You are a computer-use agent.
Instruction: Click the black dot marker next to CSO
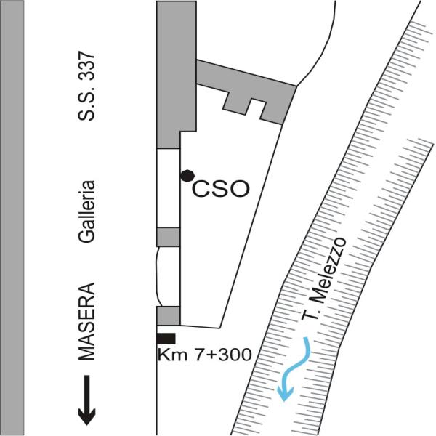(x=187, y=175)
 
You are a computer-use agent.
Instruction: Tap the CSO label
(x=221, y=190)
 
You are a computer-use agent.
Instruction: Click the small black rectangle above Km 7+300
(x=166, y=337)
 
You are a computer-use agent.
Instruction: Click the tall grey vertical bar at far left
(x=14, y=218)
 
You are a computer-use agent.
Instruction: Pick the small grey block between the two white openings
(x=168, y=237)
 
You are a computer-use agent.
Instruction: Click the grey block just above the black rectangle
(x=168, y=315)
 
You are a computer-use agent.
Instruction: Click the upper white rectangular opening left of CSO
(x=169, y=187)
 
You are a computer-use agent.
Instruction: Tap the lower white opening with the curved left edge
(x=169, y=276)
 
